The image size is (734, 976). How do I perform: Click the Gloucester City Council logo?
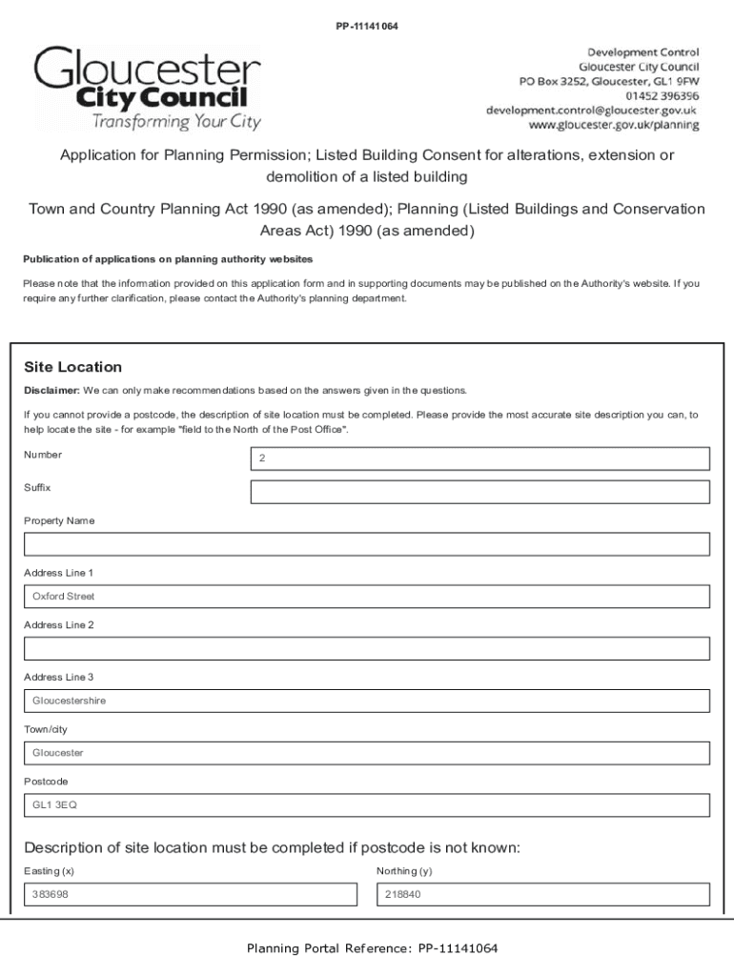pos(148,88)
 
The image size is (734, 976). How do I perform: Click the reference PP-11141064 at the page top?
pos(366,26)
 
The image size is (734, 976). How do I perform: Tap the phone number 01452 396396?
pos(662,96)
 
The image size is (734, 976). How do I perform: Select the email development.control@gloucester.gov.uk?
pos(592,111)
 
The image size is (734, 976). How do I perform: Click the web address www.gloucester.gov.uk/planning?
pos(614,125)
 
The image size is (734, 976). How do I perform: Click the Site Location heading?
pos(72,367)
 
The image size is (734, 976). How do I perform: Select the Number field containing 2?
pos(479,459)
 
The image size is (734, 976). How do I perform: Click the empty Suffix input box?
pos(479,492)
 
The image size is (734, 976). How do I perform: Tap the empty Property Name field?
pos(366,544)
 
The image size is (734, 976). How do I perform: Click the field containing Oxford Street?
pos(366,597)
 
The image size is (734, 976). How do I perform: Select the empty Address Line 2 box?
pos(366,649)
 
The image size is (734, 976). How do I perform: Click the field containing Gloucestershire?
pos(366,701)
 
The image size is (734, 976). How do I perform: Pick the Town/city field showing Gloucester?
pos(366,753)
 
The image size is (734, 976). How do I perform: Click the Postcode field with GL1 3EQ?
pos(366,805)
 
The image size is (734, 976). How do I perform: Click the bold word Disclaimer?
pos(51,390)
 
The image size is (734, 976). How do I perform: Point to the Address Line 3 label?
pos(59,677)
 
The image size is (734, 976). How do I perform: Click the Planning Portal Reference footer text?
pos(372,948)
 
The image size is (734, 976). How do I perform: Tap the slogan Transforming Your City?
pos(175,121)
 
